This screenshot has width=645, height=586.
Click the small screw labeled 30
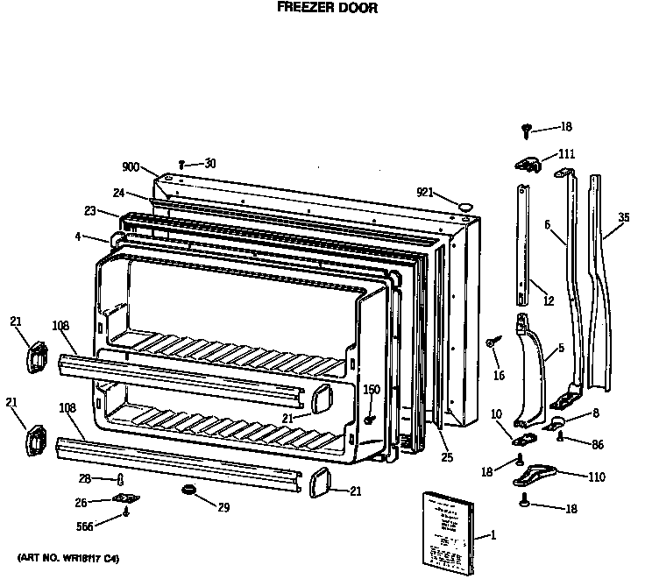(x=181, y=164)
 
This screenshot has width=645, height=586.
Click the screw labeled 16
(x=493, y=342)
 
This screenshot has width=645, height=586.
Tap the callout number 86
(x=597, y=445)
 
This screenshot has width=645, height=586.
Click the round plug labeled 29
(x=188, y=488)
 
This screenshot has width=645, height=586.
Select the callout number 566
(x=85, y=527)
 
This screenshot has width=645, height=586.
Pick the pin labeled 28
(x=120, y=478)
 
